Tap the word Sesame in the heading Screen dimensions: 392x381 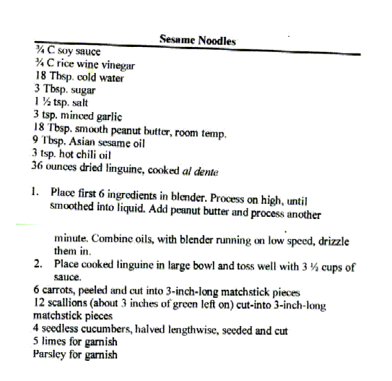(177, 41)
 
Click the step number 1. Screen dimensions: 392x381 (35, 193)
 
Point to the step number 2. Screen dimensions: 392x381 (36, 265)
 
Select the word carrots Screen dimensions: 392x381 (59, 291)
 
